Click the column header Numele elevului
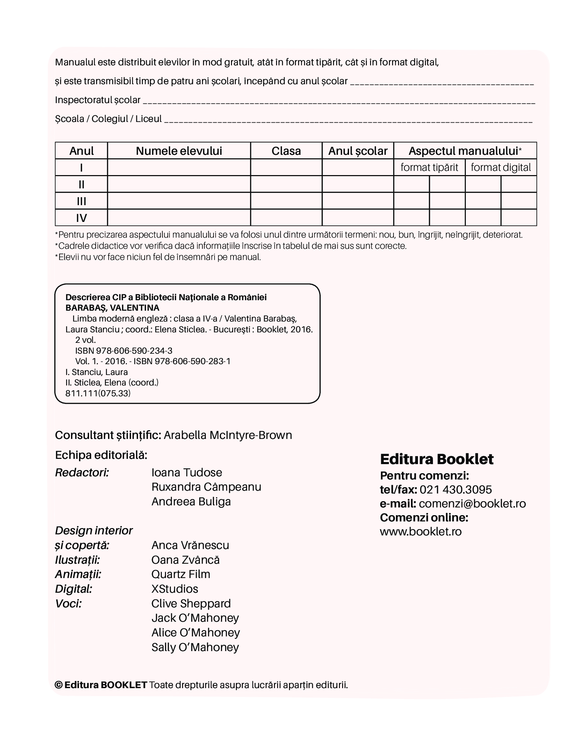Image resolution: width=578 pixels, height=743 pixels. click(179, 151)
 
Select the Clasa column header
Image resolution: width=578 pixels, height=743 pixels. click(286, 151)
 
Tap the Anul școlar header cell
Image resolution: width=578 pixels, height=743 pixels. click(358, 151)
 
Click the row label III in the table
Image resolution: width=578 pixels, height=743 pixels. click(81, 201)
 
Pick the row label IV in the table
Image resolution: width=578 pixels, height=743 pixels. click(81, 218)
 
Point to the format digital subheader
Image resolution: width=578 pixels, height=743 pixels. click(501, 167)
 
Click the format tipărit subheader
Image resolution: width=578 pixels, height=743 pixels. click(429, 167)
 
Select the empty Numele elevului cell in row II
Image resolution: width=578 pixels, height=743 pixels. click(179, 184)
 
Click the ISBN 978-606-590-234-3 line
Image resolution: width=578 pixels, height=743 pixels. click(124, 351)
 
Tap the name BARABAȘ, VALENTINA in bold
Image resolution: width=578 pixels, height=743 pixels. click(112, 308)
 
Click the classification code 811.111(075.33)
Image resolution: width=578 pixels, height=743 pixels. click(98, 393)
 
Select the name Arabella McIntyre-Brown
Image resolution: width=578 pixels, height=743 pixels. click(228, 435)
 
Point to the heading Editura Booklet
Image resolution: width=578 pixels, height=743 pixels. click(436, 459)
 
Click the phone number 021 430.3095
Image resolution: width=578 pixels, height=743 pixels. click(456, 490)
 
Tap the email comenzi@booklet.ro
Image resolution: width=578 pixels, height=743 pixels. click(472, 504)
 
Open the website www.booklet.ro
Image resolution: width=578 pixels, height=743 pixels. click(421, 532)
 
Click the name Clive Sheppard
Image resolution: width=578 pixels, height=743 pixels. click(191, 604)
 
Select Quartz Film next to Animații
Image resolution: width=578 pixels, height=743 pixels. click(181, 574)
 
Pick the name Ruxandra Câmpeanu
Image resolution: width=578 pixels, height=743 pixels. click(206, 487)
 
